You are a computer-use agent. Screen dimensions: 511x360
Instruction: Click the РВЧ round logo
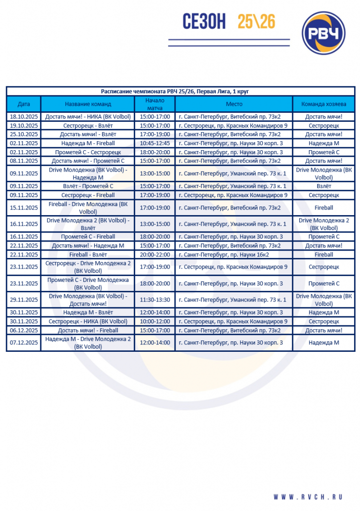click(x=324, y=33)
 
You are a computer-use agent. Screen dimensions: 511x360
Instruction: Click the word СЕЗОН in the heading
click(x=197, y=22)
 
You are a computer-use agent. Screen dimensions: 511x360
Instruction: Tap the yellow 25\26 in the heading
click(x=257, y=21)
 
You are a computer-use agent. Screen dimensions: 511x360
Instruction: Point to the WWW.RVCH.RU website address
click(x=308, y=497)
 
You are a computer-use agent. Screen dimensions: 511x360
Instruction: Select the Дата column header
click(x=23, y=104)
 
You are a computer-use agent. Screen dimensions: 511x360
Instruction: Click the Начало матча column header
click(x=155, y=104)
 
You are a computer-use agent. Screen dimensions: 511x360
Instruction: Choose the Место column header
click(x=233, y=104)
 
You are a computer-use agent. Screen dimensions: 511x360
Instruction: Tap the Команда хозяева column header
click(x=323, y=104)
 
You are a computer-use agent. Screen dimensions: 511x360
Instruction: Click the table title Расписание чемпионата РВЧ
click(x=175, y=91)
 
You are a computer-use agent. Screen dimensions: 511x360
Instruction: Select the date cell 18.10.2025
click(x=23, y=117)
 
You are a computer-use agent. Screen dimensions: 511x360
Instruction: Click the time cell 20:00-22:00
click(x=155, y=255)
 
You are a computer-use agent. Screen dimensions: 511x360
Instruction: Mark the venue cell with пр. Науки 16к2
click(x=233, y=255)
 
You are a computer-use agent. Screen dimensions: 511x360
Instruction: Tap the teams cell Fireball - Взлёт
click(x=88, y=255)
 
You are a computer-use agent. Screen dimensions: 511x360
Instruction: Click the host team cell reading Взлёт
click(x=323, y=186)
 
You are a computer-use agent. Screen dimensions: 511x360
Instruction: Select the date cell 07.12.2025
click(x=23, y=343)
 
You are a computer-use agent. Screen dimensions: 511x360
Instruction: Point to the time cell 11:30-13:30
click(x=155, y=300)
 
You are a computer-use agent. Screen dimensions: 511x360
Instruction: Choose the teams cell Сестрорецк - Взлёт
click(x=88, y=126)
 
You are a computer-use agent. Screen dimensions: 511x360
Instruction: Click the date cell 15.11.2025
click(x=23, y=208)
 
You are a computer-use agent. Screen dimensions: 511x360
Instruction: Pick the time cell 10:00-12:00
click(x=155, y=322)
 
